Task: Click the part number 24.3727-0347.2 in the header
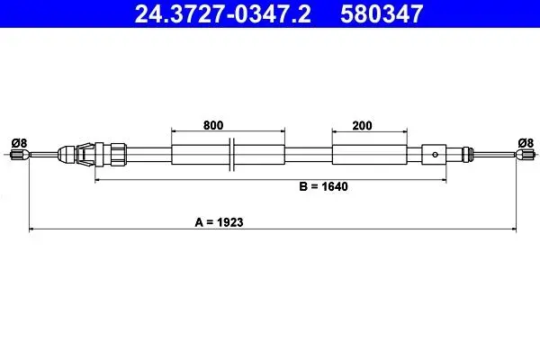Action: pos(222,13)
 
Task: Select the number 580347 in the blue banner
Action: pos(382,13)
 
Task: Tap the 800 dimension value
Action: pos(213,125)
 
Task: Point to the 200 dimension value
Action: pos(362,125)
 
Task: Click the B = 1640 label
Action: pos(323,186)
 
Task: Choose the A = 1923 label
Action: pos(219,222)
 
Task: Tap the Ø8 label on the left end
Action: pos(19,142)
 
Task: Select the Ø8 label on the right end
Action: pos(526,142)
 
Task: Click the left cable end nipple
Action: pos(19,154)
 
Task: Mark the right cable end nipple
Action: pos(525,154)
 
